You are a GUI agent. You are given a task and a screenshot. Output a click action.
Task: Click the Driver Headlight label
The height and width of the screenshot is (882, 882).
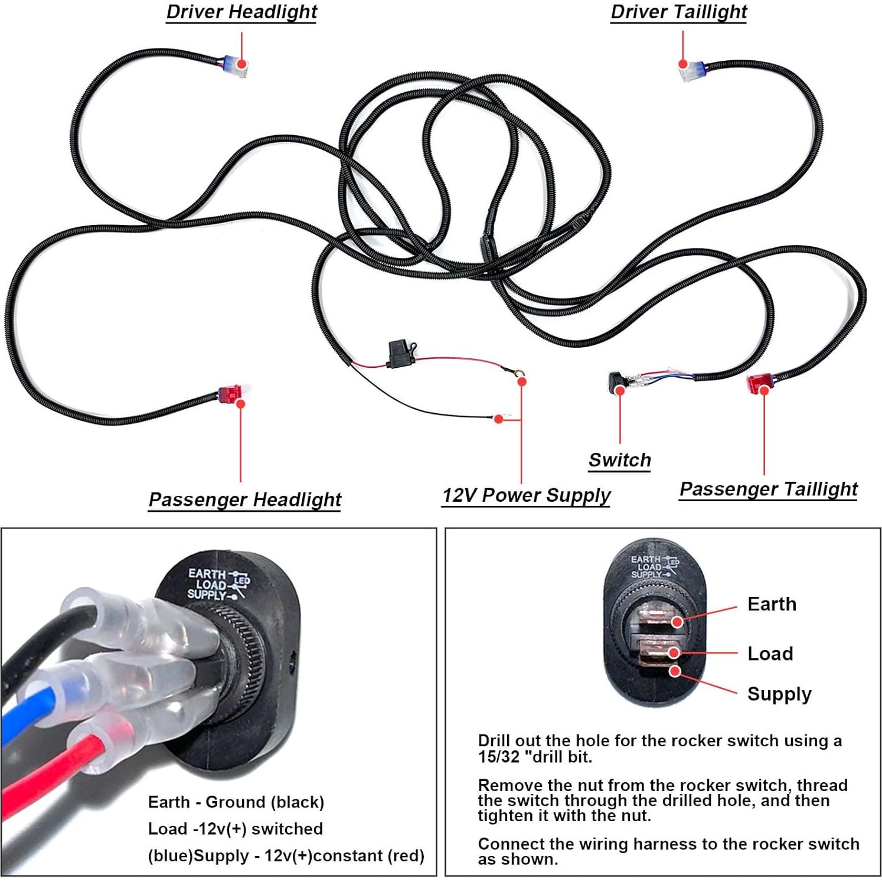point(241,12)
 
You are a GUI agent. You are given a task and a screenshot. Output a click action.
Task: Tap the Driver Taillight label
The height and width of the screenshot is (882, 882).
point(679,12)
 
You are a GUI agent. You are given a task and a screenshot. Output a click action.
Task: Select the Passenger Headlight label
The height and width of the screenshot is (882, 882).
point(244,499)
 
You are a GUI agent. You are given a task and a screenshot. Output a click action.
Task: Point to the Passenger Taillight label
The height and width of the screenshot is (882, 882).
point(768,489)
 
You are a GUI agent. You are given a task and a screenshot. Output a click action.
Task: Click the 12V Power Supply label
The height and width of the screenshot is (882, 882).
point(526,495)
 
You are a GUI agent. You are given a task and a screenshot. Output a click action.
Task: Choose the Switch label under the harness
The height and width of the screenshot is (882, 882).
point(620,460)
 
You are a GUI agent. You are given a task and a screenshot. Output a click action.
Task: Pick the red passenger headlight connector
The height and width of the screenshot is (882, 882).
point(231,394)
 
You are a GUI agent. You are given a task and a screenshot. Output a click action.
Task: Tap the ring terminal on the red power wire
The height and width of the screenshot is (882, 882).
point(518,373)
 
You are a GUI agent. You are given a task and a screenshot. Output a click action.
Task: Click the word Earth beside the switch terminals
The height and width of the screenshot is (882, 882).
point(772,604)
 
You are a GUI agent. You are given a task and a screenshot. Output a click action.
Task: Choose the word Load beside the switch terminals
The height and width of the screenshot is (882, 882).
point(770,654)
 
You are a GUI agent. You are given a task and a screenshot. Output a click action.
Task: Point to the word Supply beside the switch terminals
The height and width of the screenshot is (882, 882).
point(779,694)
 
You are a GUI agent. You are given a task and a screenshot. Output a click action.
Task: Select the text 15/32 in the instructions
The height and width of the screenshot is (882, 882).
point(498,756)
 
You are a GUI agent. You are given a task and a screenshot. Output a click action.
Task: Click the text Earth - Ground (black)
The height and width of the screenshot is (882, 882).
point(236,802)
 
